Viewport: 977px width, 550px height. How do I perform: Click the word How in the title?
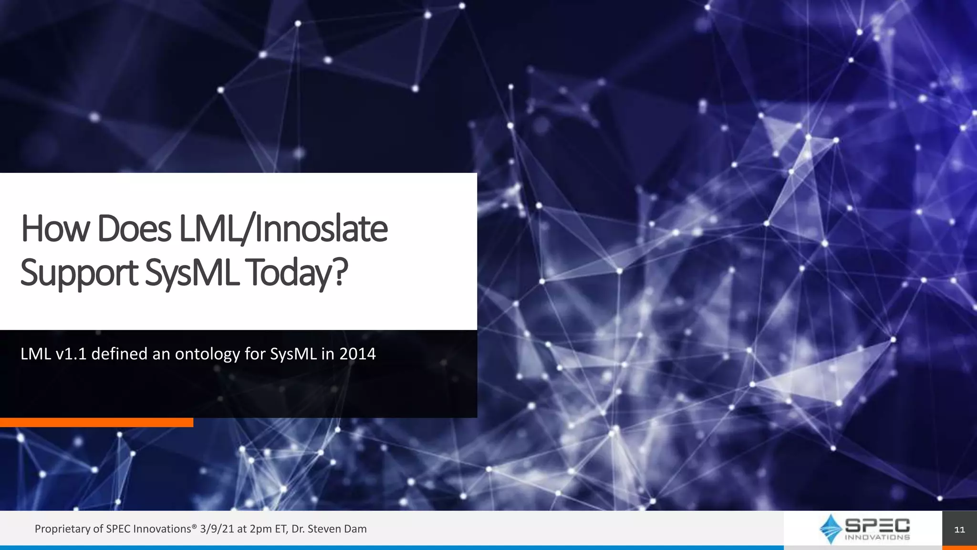[55, 229]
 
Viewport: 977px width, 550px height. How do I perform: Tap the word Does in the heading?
[134, 229]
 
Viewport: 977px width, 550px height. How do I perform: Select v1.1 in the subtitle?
[71, 354]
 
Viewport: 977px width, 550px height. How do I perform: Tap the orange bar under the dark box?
[96, 423]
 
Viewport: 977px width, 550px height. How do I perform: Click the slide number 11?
[959, 529]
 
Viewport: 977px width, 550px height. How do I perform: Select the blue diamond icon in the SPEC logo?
[831, 529]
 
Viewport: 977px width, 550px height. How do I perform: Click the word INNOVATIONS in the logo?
[877, 537]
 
